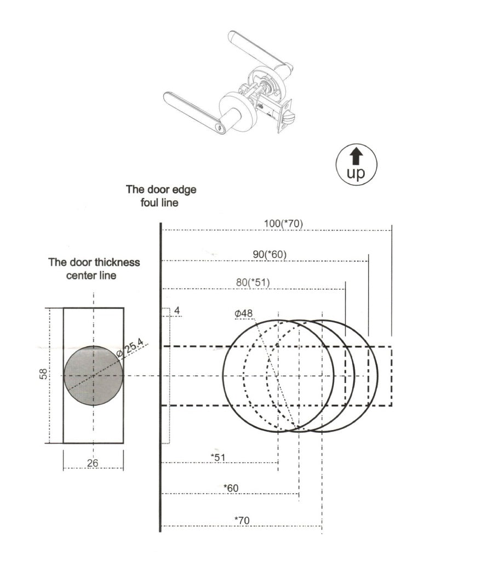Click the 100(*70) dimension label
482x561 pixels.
coord(283,223)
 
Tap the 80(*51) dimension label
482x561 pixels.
coord(253,283)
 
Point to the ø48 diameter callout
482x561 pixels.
coord(243,313)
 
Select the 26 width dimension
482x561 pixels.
coord(93,463)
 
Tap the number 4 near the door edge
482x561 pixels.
coord(176,311)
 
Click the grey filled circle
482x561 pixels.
coord(93,376)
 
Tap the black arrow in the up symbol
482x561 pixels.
coord(356,156)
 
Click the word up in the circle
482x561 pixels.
coord(355,173)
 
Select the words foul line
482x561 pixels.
coord(160,202)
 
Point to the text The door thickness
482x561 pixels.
coord(94,262)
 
